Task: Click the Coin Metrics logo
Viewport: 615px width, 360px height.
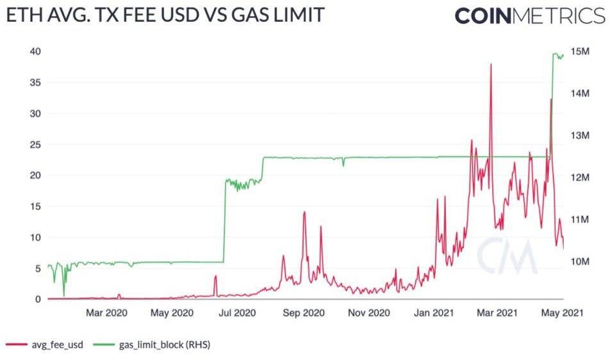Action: (x=530, y=15)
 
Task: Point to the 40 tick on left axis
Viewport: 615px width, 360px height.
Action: (x=36, y=51)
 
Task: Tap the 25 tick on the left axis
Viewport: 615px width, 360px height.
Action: (x=36, y=144)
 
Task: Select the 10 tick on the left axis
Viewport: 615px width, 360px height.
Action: (x=36, y=237)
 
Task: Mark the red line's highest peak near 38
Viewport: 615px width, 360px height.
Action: (x=491, y=65)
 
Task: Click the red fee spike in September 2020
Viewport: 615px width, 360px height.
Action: (x=304, y=213)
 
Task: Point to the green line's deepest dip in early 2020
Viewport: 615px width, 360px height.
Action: (x=63, y=295)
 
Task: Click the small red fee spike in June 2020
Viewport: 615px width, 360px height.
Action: (x=216, y=277)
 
